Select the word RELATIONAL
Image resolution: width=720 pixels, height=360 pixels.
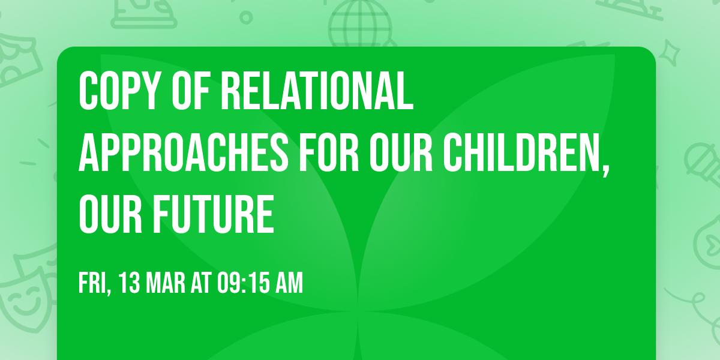click(x=317, y=90)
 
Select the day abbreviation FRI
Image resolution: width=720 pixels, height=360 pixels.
click(x=92, y=283)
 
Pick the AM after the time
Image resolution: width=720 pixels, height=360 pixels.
click(x=290, y=283)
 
